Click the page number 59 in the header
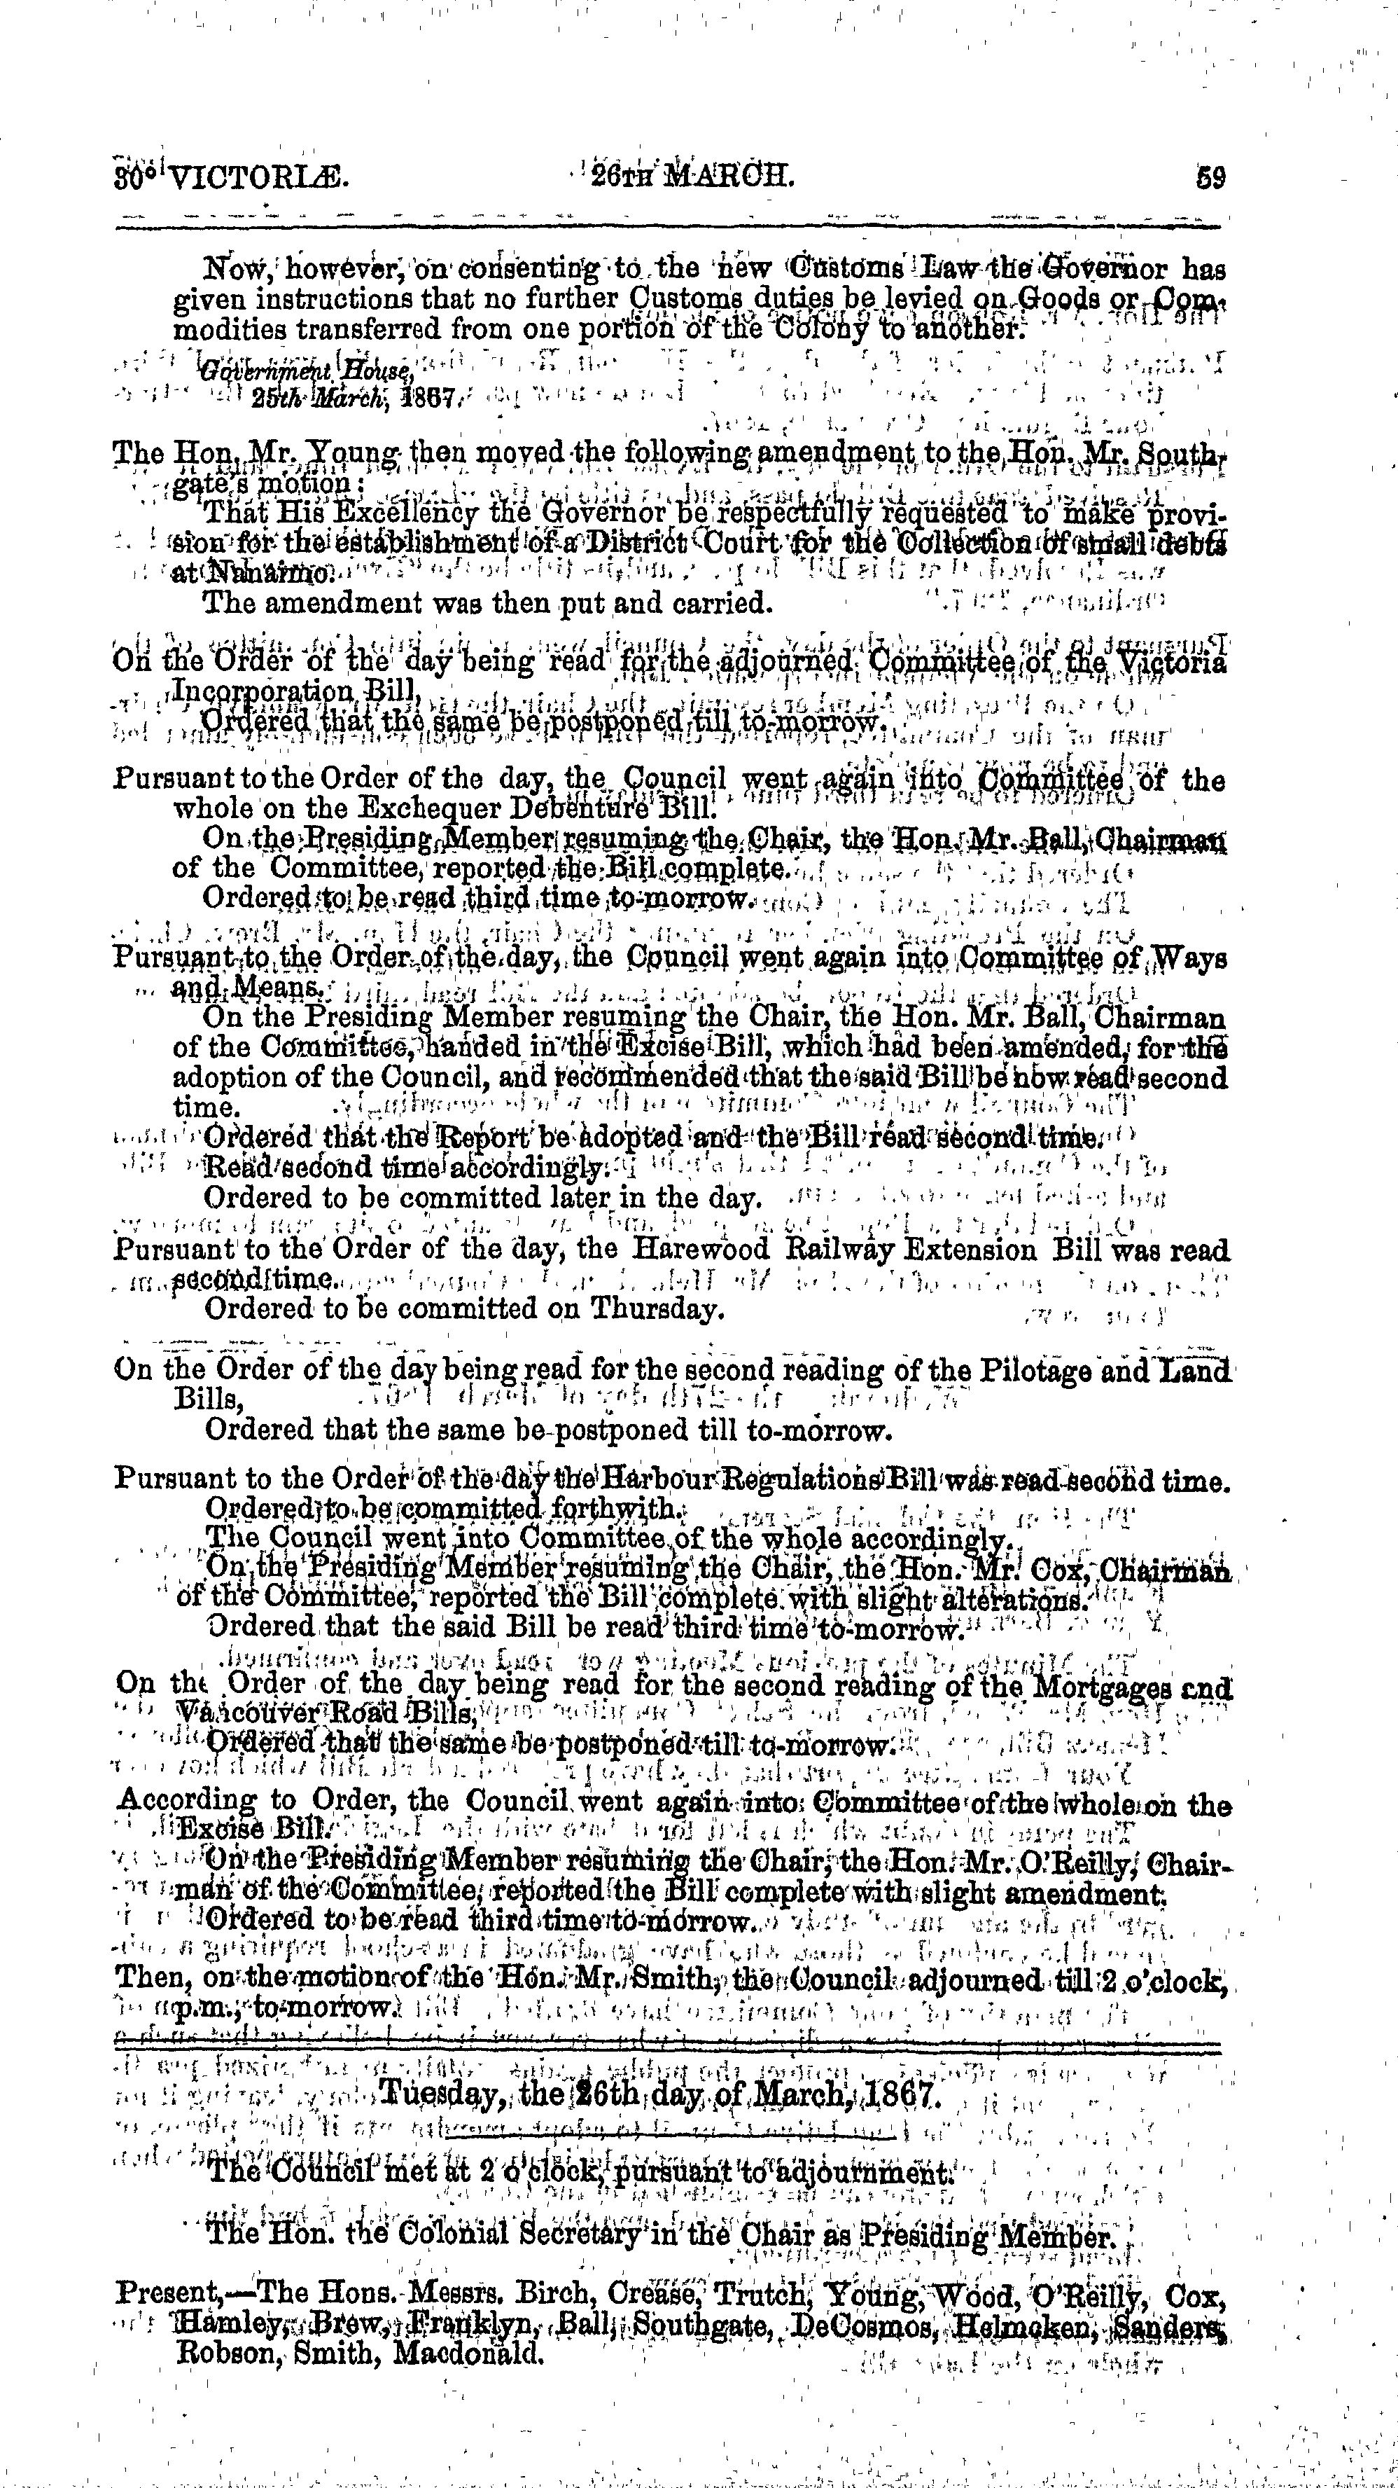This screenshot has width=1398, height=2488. pos(1210,179)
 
